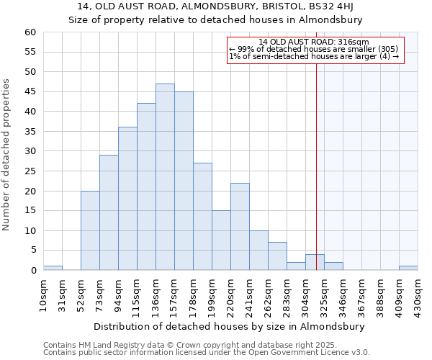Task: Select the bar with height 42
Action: point(146,187)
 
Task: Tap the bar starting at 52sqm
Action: point(90,230)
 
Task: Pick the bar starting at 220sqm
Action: point(240,227)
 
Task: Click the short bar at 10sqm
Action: point(53,268)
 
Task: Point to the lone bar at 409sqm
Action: point(408,268)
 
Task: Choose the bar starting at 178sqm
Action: point(202,217)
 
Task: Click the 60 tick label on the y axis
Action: point(30,32)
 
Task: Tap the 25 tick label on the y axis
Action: point(30,171)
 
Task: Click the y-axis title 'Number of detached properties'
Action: point(7,155)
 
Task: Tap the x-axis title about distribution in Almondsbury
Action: point(229,326)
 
